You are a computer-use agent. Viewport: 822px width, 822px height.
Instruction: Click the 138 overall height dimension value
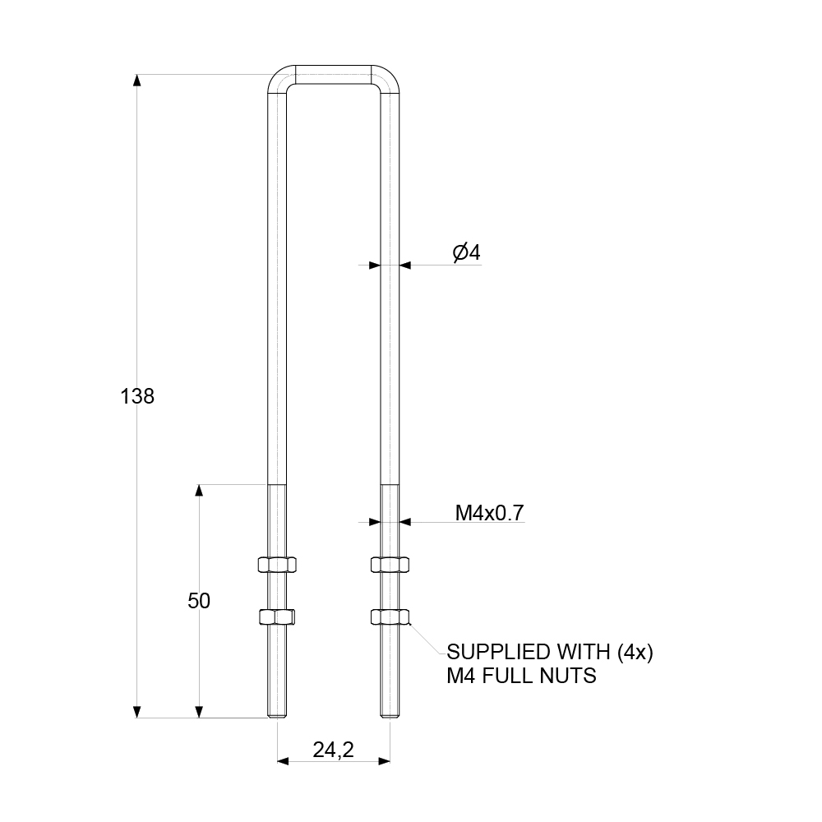(137, 396)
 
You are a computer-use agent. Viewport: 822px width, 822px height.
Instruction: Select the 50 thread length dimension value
(199, 601)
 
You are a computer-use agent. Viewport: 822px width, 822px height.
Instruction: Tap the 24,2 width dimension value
(333, 750)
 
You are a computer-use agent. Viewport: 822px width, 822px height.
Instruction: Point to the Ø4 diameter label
(466, 252)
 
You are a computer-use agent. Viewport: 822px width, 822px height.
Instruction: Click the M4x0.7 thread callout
(490, 514)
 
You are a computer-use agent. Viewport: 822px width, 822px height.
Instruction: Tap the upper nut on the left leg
(277, 564)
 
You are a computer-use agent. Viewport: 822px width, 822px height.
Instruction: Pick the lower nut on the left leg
(277, 616)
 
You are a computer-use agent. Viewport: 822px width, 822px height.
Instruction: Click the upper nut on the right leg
(390, 564)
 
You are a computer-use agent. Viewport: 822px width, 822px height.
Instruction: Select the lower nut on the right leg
(390, 616)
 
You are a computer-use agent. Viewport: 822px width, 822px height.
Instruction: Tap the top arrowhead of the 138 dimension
(137, 81)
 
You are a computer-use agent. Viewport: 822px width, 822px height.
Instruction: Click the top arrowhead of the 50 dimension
(199, 491)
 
